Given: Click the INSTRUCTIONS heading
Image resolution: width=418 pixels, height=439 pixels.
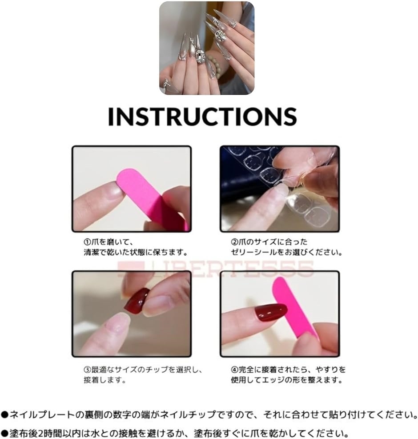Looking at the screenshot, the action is click(x=202, y=116).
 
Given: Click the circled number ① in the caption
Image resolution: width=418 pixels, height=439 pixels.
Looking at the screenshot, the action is click(x=88, y=242).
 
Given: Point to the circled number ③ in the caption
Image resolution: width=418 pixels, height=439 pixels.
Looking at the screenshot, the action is click(x=88, y=370).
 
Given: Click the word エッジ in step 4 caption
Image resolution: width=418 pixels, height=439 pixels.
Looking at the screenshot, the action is click(x=292, y=380).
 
